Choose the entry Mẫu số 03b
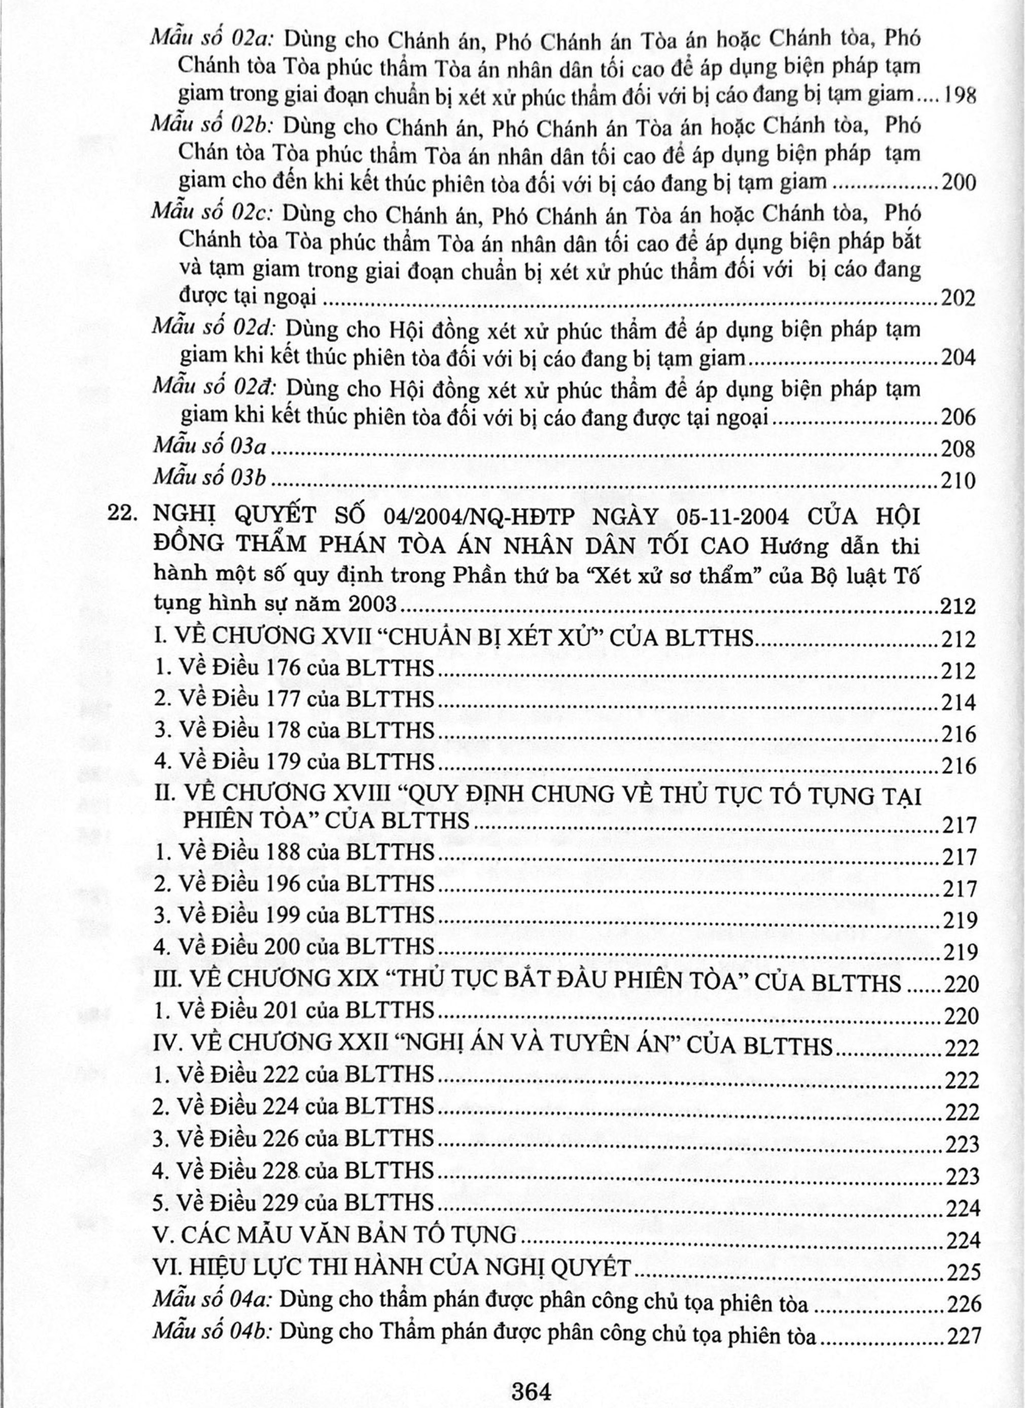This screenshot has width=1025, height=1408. point(208,478)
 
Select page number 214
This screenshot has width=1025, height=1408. point(959,703)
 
